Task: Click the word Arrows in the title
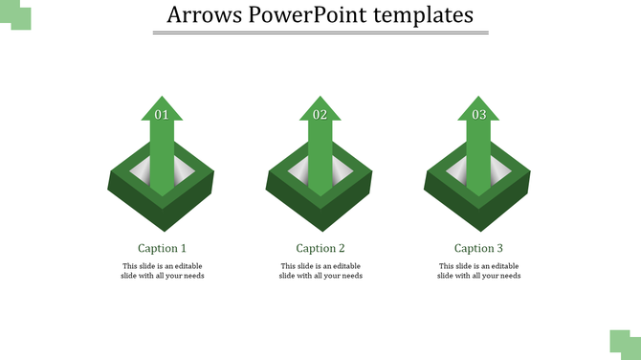point(199,15)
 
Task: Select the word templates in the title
point(423,15)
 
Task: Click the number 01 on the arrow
point(162,115)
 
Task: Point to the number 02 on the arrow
point(320,115)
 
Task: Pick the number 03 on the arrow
point(478,115)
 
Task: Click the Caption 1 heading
point(162,248)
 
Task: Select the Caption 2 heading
point(320,248)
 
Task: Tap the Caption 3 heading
point(478,248)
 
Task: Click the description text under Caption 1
point(162,271)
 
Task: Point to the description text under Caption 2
point(320,271)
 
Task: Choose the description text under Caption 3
point(478,271)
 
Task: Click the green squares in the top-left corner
point(15,14)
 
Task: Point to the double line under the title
point(320,34)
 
